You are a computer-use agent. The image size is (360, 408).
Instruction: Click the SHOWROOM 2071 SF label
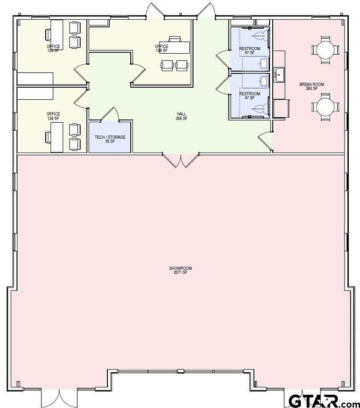point(181,270)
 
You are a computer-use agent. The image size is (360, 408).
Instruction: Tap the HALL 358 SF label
point(182,116)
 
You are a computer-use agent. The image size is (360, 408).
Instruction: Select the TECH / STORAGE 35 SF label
point(110,139)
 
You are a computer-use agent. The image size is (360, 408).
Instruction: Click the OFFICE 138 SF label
point(162,48)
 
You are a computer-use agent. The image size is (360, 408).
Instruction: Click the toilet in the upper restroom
point(259,36)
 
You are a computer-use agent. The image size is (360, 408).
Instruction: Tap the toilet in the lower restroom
point(259,109)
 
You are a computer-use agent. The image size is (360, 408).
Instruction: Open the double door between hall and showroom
point(181,160)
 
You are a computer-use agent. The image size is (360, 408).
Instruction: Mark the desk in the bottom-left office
point(57,137)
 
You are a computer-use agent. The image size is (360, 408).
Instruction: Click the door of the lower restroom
point(223,85)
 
